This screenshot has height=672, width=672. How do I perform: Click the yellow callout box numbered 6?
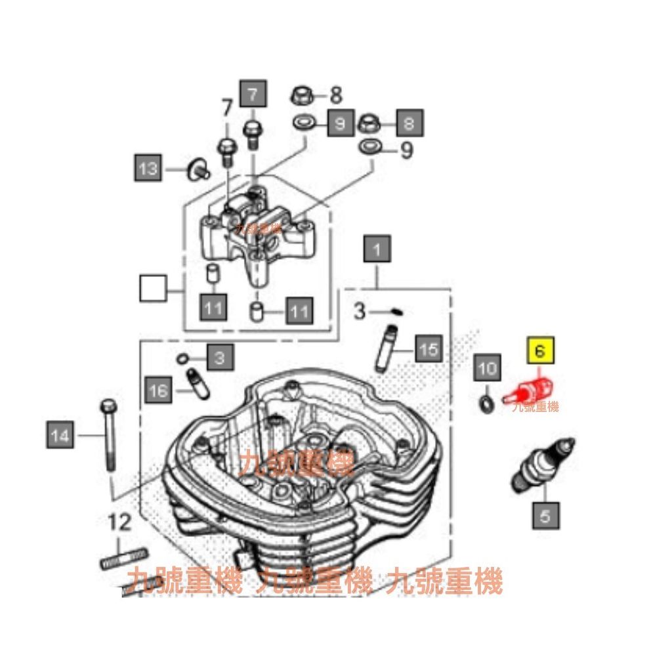tap(540, 351)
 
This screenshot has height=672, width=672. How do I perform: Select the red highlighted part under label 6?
tap(527, 392)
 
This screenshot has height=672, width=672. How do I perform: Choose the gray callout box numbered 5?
tap(545, 515)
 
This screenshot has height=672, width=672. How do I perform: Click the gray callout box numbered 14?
tap(60, 435)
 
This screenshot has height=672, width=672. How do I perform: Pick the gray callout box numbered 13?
tap(149, 169)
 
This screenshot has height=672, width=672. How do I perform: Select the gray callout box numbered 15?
tap(428, 348)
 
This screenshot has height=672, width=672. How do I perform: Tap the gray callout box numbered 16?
tap(159, 391)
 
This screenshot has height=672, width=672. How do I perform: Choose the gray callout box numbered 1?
tap(377, 250)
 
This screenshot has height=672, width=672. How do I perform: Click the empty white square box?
tap(154, 288)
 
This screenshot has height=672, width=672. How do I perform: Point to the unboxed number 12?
tap(120, 523)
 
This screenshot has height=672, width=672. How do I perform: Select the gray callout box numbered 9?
tap(340, 123)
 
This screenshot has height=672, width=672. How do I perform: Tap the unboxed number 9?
tap(406, 151)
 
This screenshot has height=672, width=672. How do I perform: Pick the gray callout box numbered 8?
tap(409, 123)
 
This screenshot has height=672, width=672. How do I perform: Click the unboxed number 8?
tap(335, 94)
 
